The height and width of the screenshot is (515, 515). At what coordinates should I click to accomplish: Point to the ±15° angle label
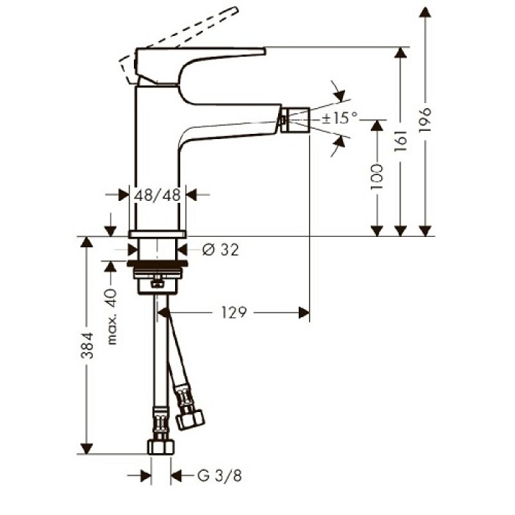(339, 117)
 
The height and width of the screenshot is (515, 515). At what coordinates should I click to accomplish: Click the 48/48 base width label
(157, 195)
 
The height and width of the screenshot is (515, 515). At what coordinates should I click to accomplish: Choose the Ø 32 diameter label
(220, 250)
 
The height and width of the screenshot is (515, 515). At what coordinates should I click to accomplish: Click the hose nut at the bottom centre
(159, 446)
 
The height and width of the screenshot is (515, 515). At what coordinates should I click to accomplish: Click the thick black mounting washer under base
(156, 263)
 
